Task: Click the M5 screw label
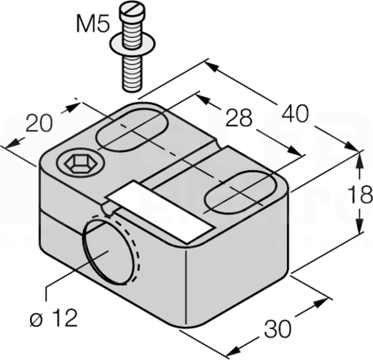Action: [x=92, y=24]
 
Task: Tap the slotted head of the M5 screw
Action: [x=131, y=11]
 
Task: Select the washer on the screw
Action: [x=133, y=44]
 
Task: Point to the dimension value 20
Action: [x=39, y=123]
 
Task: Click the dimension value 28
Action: [x=239, y=118]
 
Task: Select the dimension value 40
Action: [x=295, y=114]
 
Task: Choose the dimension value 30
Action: [x=277, y=329]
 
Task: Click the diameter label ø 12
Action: [x=54, y=318]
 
